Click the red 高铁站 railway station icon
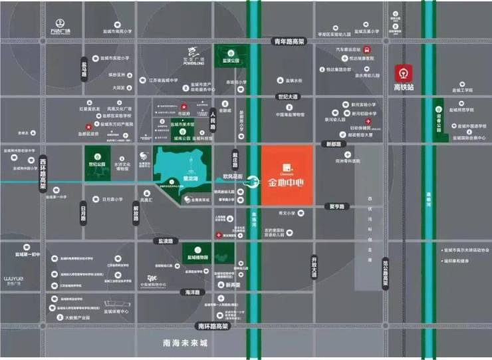pos(404,72)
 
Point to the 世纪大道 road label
pos(289,97)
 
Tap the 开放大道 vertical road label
pos(315,266)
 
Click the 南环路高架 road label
pos(212,327)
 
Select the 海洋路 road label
pos(193,292)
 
